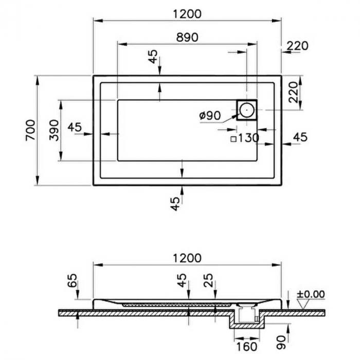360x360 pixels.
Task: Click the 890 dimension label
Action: (x=187, y=37)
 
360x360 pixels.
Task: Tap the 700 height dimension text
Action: (x=30, y=130)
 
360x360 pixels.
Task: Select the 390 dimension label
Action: (x=54, y=130)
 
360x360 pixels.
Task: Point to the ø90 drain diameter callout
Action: (x=210, y=116)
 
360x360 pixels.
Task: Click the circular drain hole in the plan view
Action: (x=247, y=110)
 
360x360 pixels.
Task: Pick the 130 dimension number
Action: (x=249, y=138)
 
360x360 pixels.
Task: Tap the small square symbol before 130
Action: (x=233, y=139)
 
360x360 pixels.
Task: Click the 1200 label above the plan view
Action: (x=187, y=14)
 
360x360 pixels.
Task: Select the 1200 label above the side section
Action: (x=187, y=258)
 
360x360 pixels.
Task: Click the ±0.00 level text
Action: (x=311, y=294)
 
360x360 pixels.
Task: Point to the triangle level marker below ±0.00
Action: (x=303, y=303)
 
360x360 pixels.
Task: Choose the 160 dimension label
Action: (x=246, y=347)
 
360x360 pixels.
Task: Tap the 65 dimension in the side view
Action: (x=72, y=281)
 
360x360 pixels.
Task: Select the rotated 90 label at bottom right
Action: (x=281, y=343)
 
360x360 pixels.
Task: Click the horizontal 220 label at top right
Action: (x=298, y=46)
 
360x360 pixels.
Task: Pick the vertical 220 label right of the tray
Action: (x=293, y=92)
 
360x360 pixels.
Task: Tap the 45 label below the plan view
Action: (x=176, y=204)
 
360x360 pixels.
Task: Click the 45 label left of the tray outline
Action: (x=75, y=127)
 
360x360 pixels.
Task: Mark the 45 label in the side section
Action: (x=182, y=281)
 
